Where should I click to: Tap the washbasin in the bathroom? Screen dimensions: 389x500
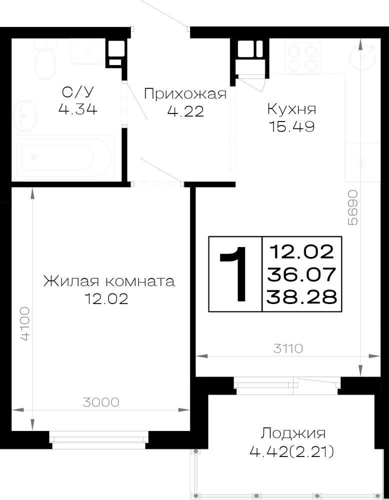(x=25, y=115)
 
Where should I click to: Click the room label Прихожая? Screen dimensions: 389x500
(x=185, y=94)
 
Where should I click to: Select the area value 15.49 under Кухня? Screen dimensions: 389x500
(x=292, y=126)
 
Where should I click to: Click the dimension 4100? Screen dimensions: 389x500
(x=24, y=324)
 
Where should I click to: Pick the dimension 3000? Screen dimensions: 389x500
(x=101, y=402)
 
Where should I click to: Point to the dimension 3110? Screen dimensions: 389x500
(x=288, y=348)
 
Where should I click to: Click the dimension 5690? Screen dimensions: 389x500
(x=352, y=207)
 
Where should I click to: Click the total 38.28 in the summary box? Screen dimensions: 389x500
(x=301, y=297)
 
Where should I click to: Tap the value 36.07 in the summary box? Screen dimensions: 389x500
(x=301, y=274)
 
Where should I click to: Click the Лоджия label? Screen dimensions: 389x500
(x=293, y=433)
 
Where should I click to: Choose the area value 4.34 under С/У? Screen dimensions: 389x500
(x=78, y=109)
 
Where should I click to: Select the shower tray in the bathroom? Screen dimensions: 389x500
(x=87, y=51)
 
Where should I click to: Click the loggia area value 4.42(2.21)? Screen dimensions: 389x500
(x=292, y=451)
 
